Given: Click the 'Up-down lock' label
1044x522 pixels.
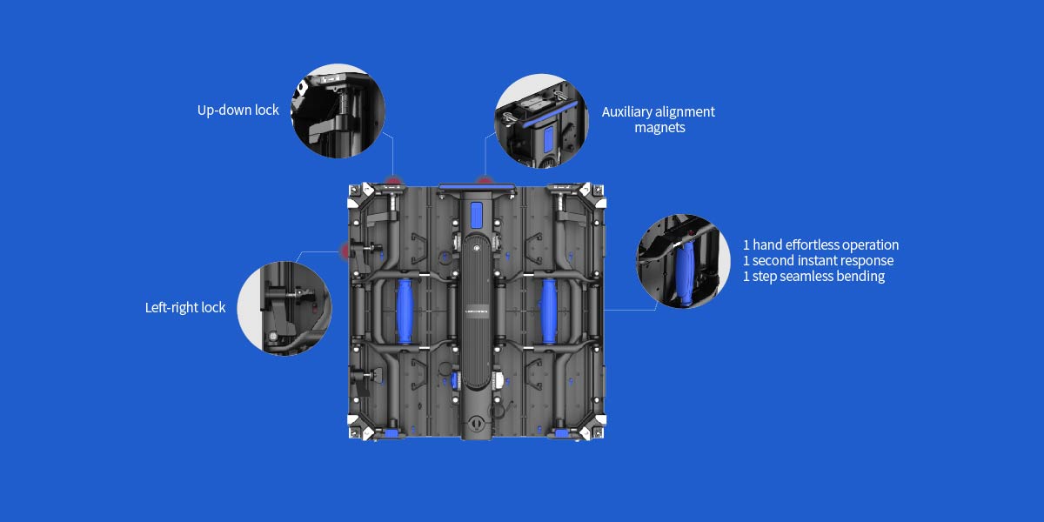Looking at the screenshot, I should click(238, 110).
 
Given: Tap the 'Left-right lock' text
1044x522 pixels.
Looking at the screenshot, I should click(185, 307).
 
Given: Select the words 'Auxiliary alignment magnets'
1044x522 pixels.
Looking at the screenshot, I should click(659, 119).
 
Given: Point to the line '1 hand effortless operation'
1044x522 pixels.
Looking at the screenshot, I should click(820, 244).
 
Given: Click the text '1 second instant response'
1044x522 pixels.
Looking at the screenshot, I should click(818, 260).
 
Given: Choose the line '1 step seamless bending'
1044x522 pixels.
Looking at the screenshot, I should click(813, 276).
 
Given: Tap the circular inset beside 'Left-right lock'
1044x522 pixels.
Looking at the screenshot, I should click(284, 307).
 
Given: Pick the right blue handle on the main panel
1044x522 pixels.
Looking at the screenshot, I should click(550, 311).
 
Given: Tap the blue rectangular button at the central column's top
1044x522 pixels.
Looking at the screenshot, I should click(476, 214).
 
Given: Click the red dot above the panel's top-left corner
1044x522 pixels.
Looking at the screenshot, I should click(394, 182).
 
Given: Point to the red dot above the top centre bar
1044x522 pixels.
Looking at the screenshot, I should click(485, 182).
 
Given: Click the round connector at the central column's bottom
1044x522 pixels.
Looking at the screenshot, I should click(476, 425).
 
